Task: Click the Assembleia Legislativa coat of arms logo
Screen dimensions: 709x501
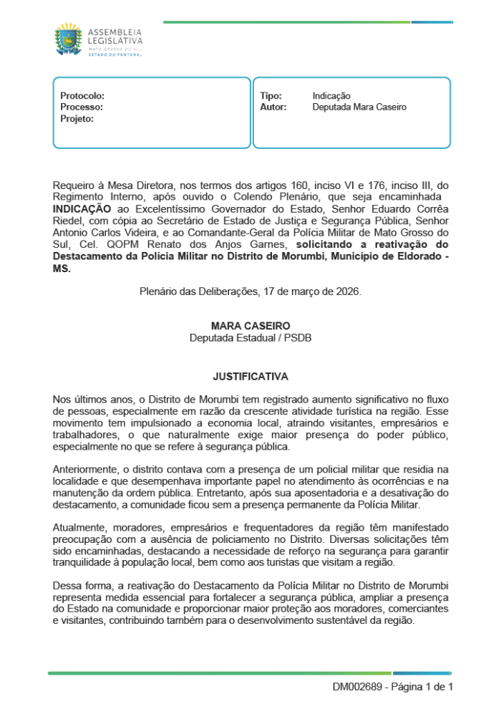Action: point(69,40)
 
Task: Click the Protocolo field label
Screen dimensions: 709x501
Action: point(82,95)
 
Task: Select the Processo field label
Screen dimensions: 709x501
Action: point(82,107)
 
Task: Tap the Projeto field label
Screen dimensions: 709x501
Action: point(77,118)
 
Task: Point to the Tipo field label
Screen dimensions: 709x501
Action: point(271,95)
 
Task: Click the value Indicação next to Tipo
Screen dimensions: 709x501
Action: point(331,95)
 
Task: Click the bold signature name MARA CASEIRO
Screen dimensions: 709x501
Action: point(250,326)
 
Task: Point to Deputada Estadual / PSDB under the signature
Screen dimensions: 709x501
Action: point(250,337)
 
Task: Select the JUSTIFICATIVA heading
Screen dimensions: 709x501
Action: point(250,375)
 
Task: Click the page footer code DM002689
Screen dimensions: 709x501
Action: point(356,687)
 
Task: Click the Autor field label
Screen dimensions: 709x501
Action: point(273,107)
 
